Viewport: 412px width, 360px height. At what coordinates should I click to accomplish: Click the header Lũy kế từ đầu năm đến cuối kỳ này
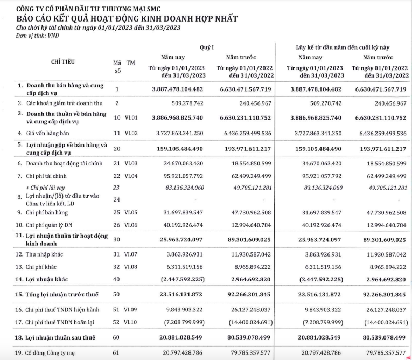click(x=346, y=47)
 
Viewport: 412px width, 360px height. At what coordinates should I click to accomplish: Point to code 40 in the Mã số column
click(x=116, y=279)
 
